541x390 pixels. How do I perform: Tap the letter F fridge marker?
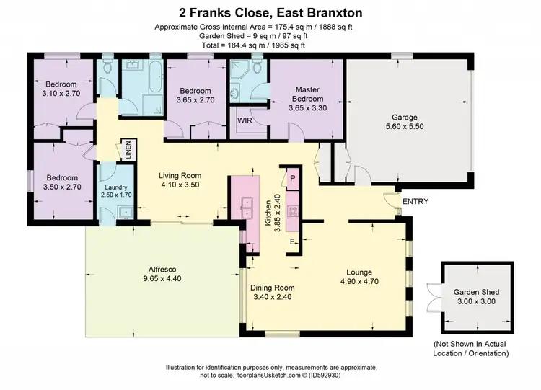tap(293, 241)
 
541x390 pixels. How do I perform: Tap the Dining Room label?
tap(272, 288)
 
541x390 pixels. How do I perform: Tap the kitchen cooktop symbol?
tap(294, 211)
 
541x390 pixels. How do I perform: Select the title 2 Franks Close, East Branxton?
tap(270, 13)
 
